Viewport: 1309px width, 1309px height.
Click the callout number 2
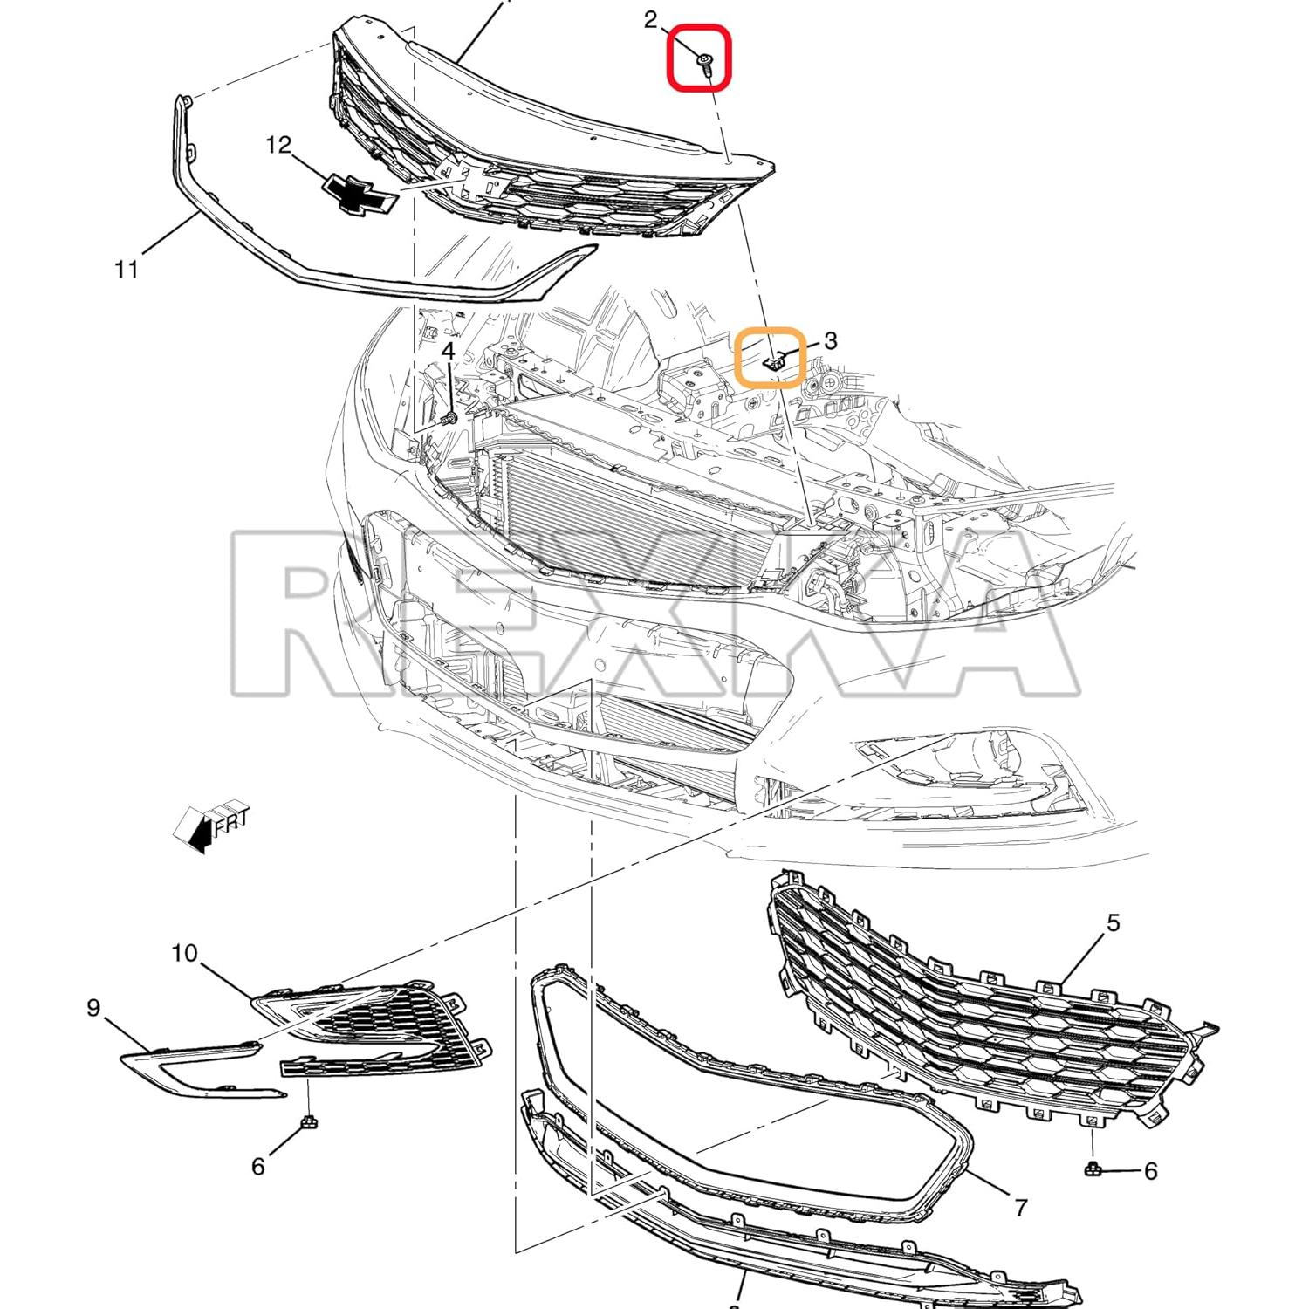(x=650, y=19)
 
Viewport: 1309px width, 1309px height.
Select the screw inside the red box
(x=705, y=62)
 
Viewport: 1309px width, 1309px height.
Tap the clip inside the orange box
(x=773, y=360)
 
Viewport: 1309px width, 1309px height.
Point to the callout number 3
(x=830, y=340)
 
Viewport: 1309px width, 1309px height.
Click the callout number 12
(x=278, y=145)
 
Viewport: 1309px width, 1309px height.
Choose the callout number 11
(x=127, y=269)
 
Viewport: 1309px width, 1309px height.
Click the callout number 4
(x=448, y=351)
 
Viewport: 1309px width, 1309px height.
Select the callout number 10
(x=184, y=953)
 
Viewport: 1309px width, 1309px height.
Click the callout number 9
(x=93, y=1008)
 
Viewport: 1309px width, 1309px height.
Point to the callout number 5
(x=1113, y=922)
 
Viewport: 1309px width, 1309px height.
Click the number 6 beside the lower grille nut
(x=1150, y=1171)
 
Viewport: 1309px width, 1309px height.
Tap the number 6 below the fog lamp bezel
(x=258, y=1166)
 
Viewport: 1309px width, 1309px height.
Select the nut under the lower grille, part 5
(x=1091, y=1168)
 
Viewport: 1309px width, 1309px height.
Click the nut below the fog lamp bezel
(x=307, y=1121)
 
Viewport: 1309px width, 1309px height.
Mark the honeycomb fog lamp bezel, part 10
(x=384, y=1021)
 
